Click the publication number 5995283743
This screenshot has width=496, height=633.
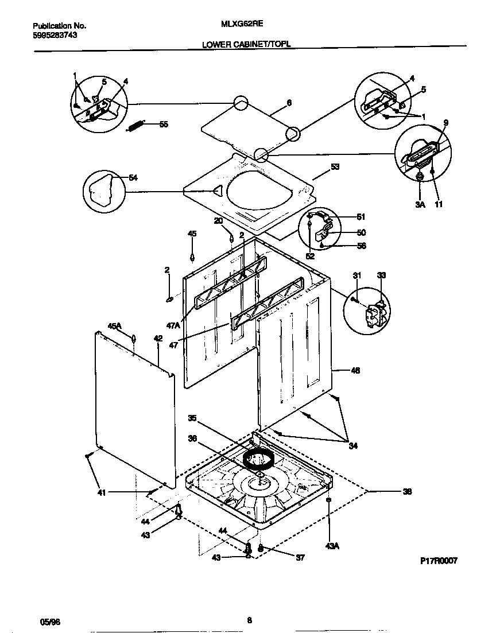(55, 35)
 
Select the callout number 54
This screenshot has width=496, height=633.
(133, 178)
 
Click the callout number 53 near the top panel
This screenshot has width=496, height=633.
(335, 167)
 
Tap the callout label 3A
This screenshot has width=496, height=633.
(420, 204)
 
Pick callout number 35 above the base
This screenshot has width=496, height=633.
(192, 418)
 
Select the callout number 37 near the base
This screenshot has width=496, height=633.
(300, 557)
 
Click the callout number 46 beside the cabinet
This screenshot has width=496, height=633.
(355, 371)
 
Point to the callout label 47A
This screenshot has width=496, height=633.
(173, 325)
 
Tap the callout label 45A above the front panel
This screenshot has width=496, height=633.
(115, 326)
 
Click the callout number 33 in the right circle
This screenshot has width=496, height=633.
(382, 276)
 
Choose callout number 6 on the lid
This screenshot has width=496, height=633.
(289, 103)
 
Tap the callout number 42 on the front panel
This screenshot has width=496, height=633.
(158, 339)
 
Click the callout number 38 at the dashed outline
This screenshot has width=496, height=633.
(407, 491)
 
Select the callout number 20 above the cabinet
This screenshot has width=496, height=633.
(218, 221)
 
